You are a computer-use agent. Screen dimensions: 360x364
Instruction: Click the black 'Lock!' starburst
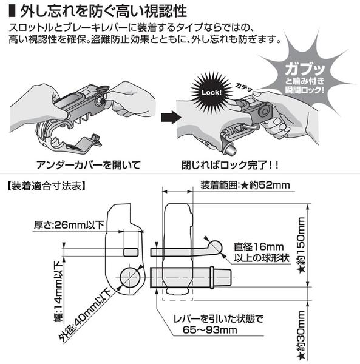point(211,92)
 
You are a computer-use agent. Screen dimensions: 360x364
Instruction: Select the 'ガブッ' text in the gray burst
point(305,69)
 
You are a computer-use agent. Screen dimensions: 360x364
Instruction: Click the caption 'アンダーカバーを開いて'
point(89,165)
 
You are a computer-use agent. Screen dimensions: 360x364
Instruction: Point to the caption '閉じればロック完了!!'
point(229,165)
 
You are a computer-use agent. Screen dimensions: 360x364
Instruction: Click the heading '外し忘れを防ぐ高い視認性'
point(104,11)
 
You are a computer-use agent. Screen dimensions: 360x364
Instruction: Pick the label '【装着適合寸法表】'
point(45,186)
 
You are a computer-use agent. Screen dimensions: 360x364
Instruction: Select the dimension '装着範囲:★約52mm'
point(245,185)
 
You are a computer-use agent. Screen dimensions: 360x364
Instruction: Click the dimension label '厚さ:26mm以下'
point(69,225)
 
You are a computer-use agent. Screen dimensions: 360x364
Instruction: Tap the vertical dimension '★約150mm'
point(302,245)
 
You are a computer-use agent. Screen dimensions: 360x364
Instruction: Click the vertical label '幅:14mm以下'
point(58,292)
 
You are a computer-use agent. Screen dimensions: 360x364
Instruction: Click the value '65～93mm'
point(210,330)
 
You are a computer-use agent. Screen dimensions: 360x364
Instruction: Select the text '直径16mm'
point(259,247)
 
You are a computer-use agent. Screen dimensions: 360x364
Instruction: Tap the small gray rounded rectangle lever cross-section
point(131,252)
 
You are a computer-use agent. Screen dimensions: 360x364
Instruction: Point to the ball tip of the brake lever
point(216,247)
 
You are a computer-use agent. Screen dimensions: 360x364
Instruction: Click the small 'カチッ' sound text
point(243,87)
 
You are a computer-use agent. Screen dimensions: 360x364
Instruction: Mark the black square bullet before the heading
point(12,11)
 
